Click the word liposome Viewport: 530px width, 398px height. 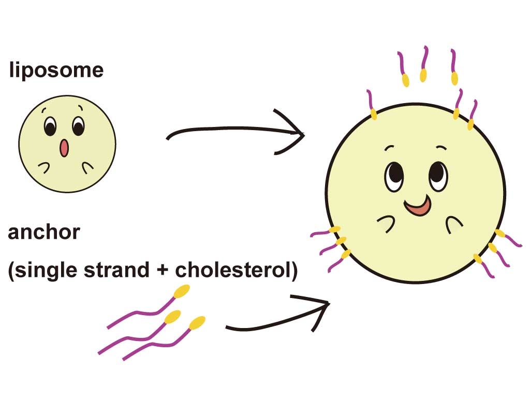click(x=56, y=70)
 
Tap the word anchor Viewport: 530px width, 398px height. click(x=44, y=232)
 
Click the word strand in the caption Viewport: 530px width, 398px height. click(x=121, y=271)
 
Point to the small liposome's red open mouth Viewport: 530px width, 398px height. click(x=64, y=148)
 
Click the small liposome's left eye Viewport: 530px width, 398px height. click(x=50, y=126)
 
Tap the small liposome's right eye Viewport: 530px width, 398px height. click(x=78, y=126)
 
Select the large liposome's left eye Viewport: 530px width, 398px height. click(x=394, y=176)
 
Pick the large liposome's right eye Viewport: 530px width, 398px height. click(x=437, y=176)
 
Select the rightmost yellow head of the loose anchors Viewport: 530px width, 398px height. click(x=197, y=323)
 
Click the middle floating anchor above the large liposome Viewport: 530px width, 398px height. click(x=424, y=65)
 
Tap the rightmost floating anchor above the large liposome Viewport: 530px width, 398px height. click(x=454, y=67)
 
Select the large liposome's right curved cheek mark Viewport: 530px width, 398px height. click(x=454, y=222)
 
